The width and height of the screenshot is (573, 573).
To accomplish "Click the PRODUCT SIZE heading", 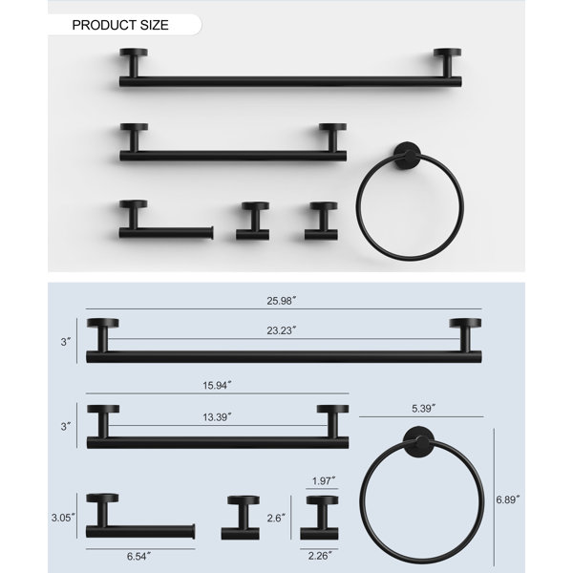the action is coord(120,25).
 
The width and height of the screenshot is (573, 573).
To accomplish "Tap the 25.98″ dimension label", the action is coord(281,301).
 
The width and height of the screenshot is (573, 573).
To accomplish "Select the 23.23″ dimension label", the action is coord(281,330).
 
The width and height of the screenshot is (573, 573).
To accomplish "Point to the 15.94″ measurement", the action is coord(217,385).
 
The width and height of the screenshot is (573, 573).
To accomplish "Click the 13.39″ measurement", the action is coord(217,417).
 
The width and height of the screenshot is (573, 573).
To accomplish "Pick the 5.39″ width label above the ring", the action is coord(423,408).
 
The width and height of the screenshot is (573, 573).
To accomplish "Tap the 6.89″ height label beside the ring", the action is coord(508,499).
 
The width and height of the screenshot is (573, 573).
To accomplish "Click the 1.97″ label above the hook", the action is coord(324,480).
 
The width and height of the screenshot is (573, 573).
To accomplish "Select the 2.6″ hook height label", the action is coord(276,518).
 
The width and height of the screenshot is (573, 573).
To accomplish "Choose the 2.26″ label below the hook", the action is coord(320,556).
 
